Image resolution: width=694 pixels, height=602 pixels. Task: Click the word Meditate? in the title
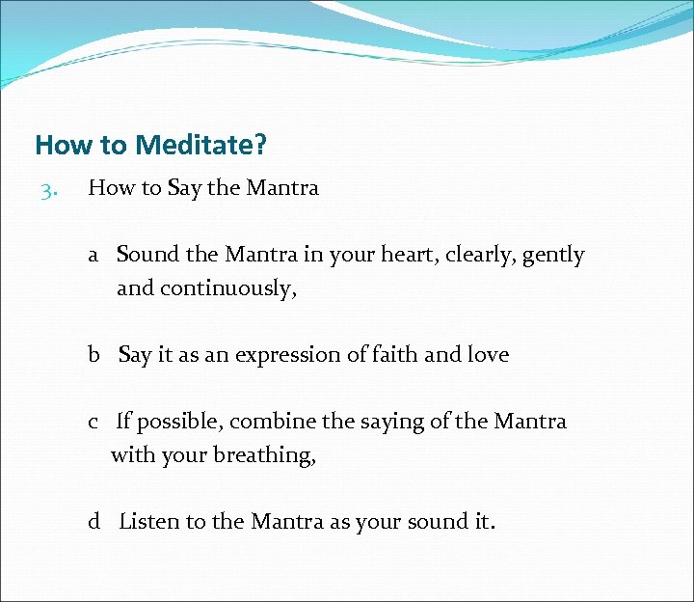[200, 146]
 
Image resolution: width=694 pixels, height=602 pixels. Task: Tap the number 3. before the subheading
[50, 189]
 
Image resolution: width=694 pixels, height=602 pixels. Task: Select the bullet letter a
[93, 256]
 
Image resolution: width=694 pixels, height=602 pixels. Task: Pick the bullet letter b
[94, 355]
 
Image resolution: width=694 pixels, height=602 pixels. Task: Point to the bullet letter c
[93, 422]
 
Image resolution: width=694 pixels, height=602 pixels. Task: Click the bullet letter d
[94, 522]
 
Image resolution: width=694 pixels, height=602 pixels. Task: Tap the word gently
[554, 256]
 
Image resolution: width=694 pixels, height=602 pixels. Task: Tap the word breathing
[266, 455]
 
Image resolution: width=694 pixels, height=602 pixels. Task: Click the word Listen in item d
[149, 522]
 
